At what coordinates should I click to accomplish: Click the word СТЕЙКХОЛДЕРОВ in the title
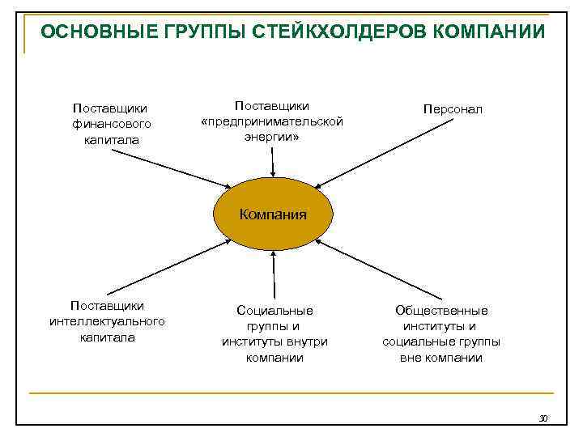click(x=335, y=32)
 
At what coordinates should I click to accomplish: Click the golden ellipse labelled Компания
click(x=272, y=214)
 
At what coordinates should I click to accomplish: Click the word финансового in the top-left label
click(x=111, y=124)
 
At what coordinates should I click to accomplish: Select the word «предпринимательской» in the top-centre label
click(x=272, y=121)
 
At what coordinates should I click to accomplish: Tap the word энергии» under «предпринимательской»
click(x=272, y=137)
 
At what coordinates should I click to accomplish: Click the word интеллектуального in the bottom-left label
click(x=107, y=321)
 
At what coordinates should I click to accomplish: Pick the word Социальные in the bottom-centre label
click(x=274, y=310)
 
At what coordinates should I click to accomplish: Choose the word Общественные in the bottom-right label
click(x=441, y=310)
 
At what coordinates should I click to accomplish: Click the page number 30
click(x=543, y=418)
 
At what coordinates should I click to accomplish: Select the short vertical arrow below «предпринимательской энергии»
click(x=273, y=162)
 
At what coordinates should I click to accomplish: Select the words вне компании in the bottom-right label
click(x=441, y=357)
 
